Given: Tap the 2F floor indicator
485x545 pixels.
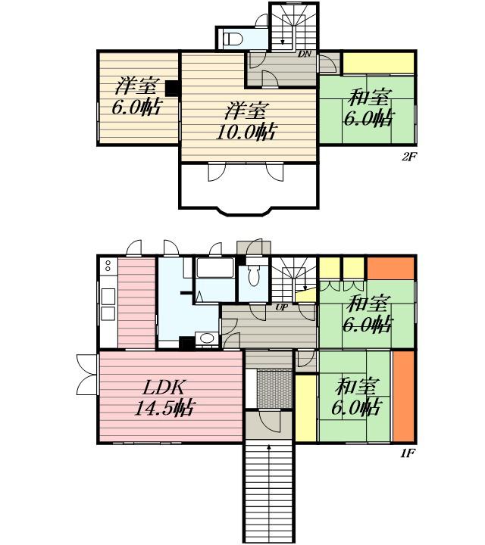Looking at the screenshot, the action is [x=408, y=157].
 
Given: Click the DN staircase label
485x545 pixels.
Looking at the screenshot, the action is [x=304, y=54].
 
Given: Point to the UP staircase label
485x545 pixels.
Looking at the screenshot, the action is [x=281, y=307].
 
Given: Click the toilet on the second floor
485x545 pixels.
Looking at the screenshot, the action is [x=232, y=39].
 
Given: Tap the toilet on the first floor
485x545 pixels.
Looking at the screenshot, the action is [x=253, y=276].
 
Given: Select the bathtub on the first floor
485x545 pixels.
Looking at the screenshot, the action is [x=214, y=267].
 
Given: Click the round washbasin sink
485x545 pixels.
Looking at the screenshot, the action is [x=207, y=338].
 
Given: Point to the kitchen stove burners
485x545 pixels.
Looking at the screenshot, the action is [x=108, y=266].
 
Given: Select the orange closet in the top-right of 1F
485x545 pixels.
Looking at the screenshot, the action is [x=391, y=268].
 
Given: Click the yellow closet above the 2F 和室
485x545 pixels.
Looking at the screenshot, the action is [x=379, y=63].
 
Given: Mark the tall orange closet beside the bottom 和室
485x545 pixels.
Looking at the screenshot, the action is [x=404, y=396].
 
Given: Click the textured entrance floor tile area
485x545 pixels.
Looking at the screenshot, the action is [x=274, y=389].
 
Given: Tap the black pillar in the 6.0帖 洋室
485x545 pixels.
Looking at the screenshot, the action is [x=171, y=89].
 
